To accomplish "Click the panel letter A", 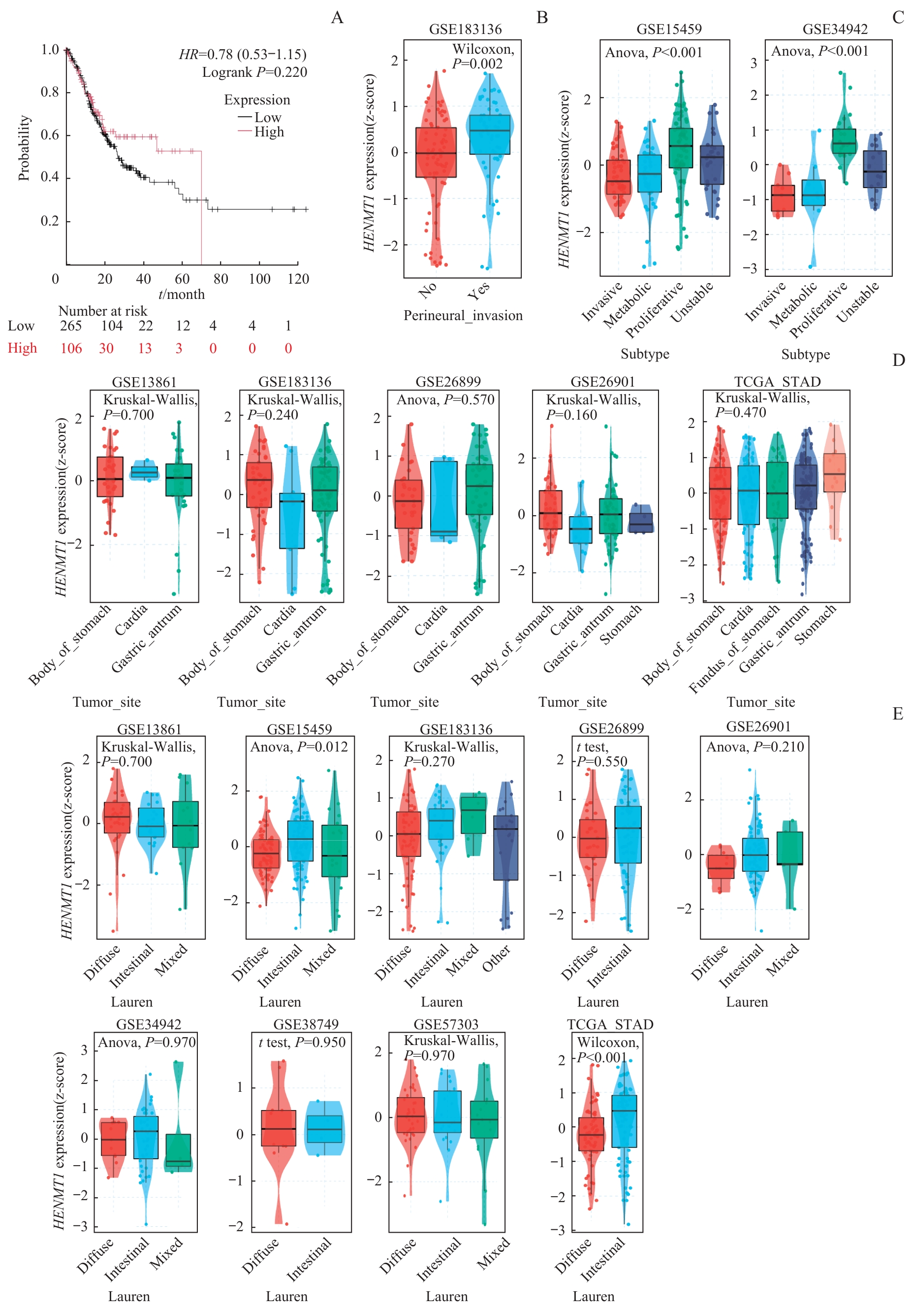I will point(337,18).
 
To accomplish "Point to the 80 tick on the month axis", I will point(220,279).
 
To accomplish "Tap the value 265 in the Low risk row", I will point(71,326).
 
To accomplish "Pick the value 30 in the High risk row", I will point(106,348).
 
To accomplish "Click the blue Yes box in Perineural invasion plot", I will point(489,134).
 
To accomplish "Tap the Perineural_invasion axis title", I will point(463,315).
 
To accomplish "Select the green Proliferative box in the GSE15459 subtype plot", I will point(681,148).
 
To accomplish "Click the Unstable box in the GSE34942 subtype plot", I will point(874,169).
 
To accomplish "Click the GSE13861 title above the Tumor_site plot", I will point(144,382).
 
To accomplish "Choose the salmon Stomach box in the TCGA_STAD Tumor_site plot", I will point(834,473).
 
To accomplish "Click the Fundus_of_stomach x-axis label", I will point(735,650).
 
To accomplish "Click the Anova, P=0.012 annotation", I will point(299,747).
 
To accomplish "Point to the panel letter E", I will point(898,714).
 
